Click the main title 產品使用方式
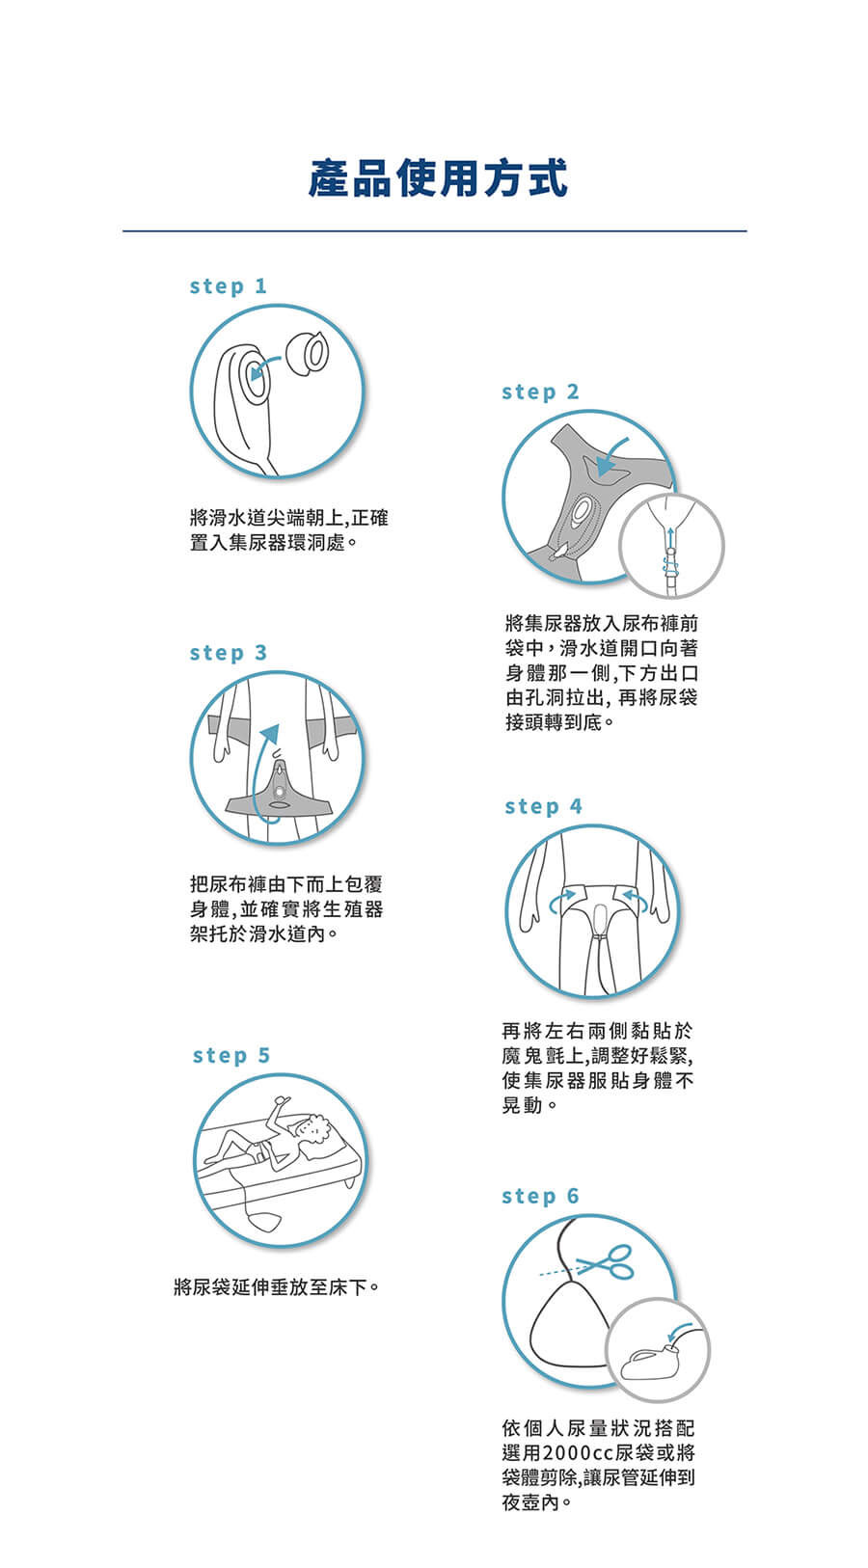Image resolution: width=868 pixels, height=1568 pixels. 438,177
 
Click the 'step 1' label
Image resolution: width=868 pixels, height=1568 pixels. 229,286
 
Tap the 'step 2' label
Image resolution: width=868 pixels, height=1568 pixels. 540,392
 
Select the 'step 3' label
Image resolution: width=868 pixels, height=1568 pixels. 229,653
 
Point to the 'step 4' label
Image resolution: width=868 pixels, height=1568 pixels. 543,806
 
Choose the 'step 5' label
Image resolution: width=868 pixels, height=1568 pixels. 231,1056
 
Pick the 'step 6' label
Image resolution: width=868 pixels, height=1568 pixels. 540,1197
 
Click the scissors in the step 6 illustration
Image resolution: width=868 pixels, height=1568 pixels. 607,1262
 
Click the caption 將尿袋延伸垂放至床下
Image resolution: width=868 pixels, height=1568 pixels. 277,1286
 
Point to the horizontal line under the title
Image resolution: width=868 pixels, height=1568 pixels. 435,230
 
